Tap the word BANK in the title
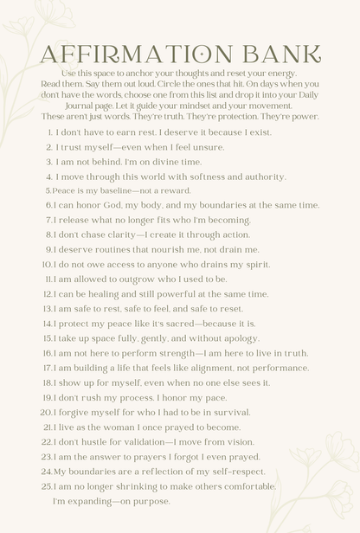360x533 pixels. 276,54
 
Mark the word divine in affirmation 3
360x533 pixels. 162,162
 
